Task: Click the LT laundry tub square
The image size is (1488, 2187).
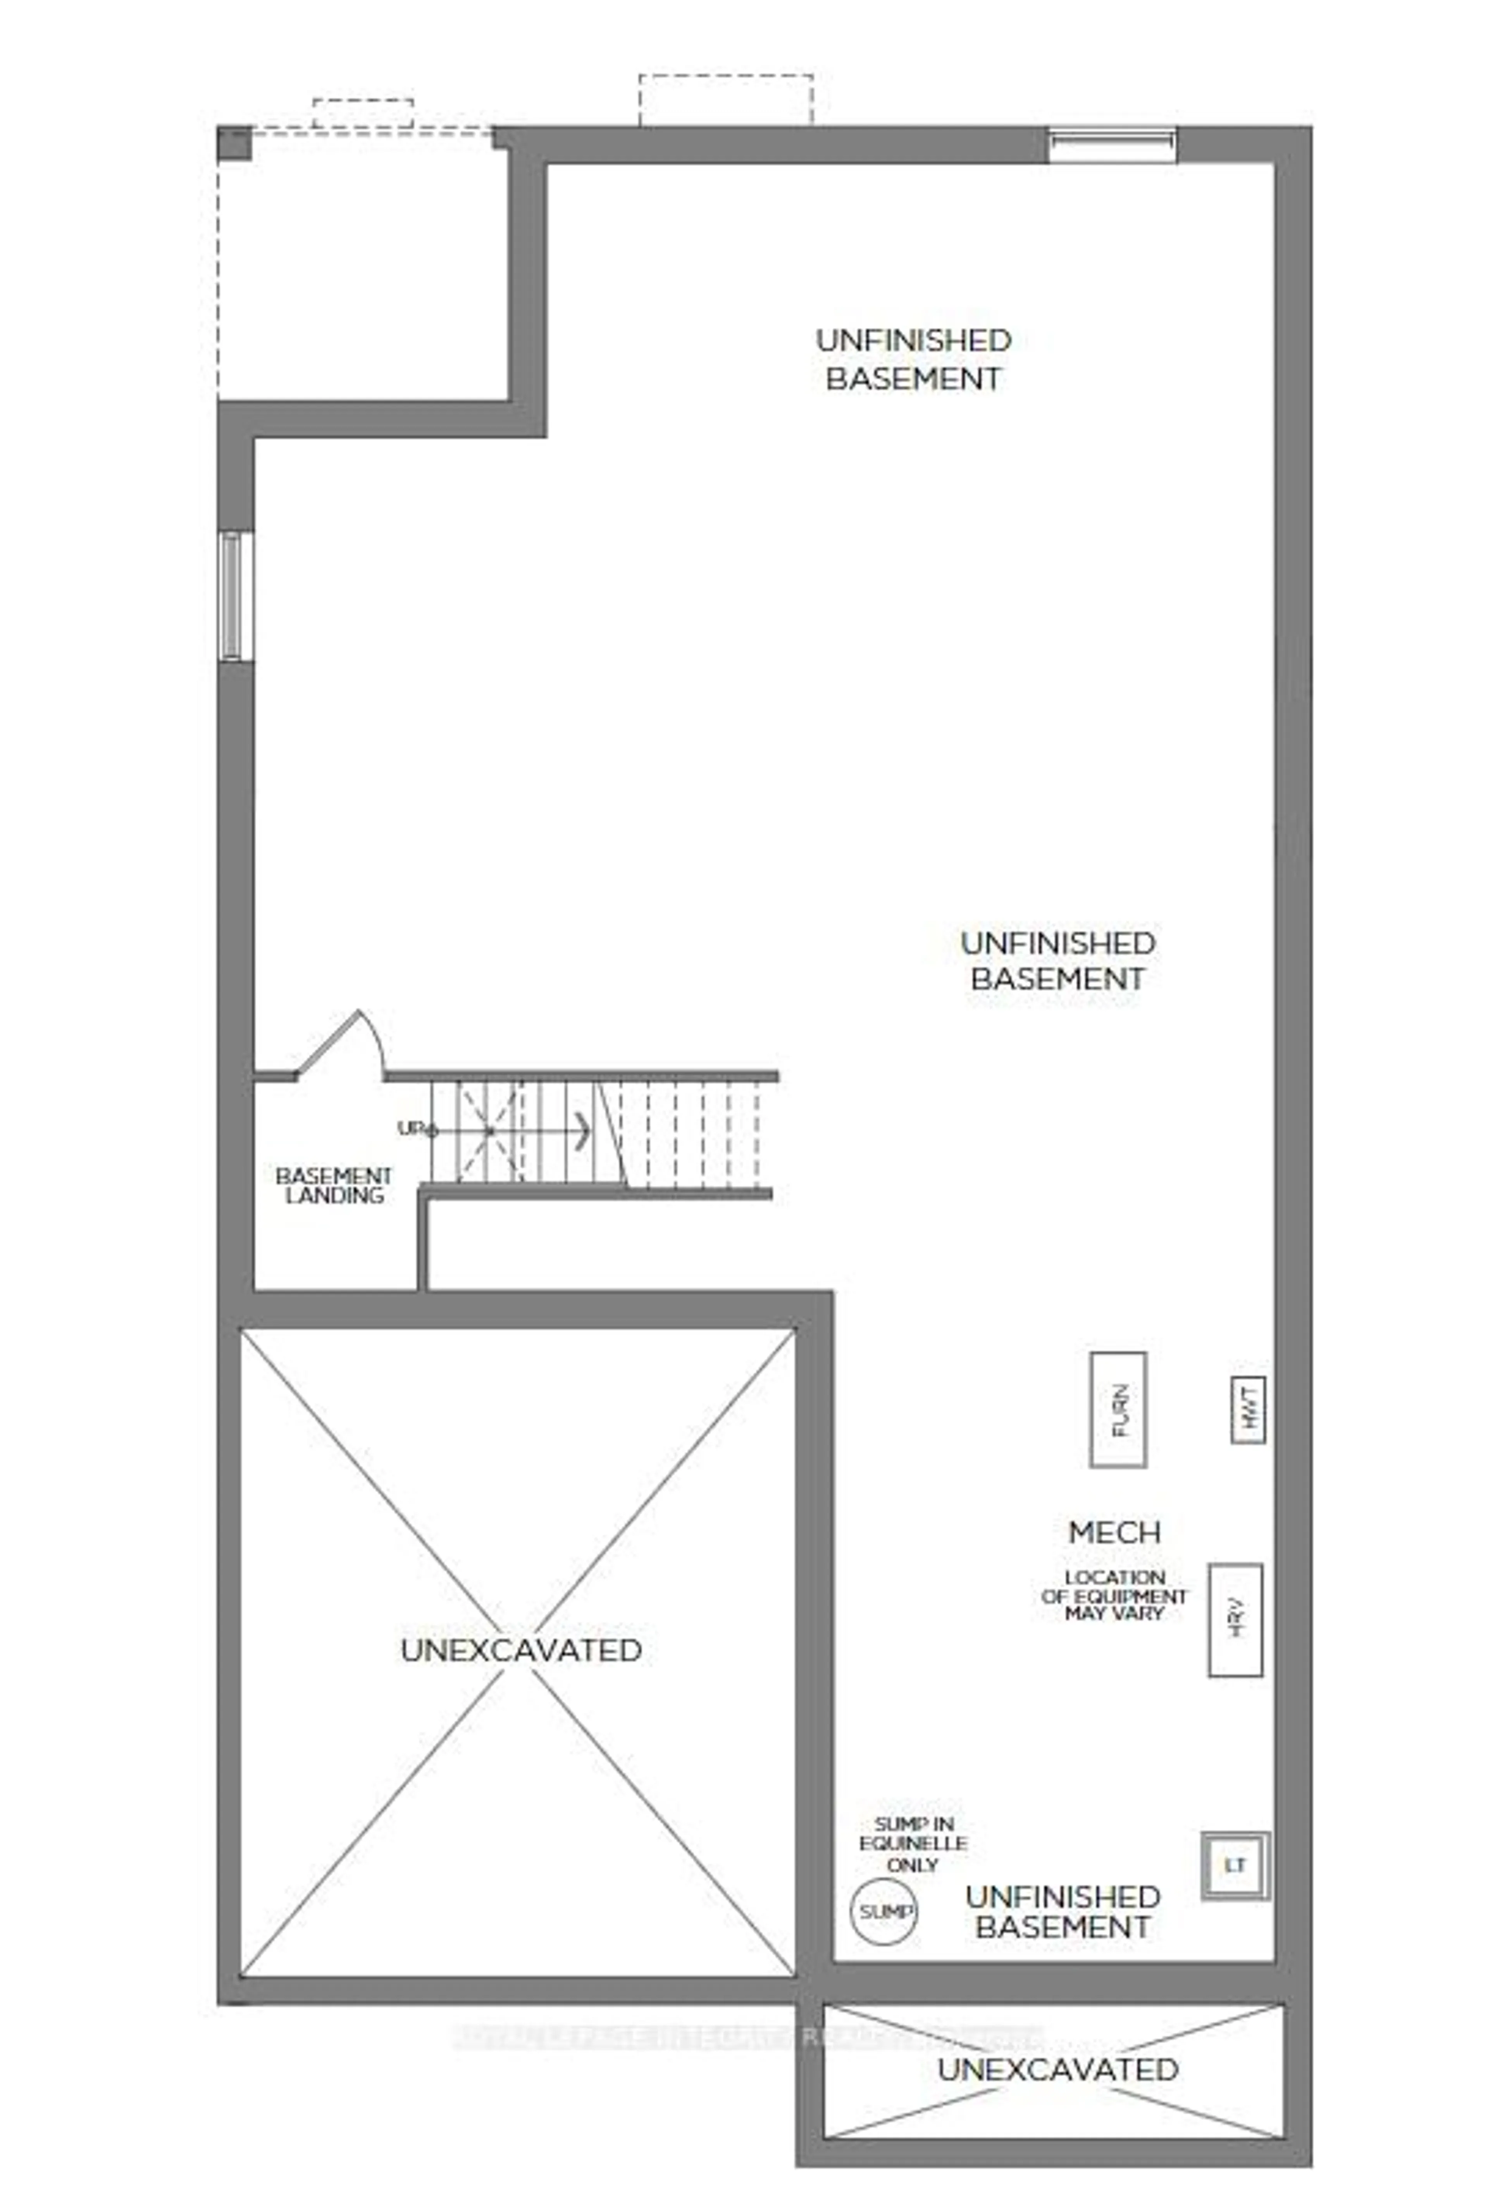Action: pos(1235,1865)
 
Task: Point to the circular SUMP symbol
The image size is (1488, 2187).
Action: pos(884,1911)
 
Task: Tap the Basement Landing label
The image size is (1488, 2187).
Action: pos(334,1186)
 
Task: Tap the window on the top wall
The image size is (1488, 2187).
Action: pos(1111,144)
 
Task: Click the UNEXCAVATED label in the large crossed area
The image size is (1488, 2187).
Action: pos(520,1650)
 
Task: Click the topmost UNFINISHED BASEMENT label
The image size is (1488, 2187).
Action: pos(913,358)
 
